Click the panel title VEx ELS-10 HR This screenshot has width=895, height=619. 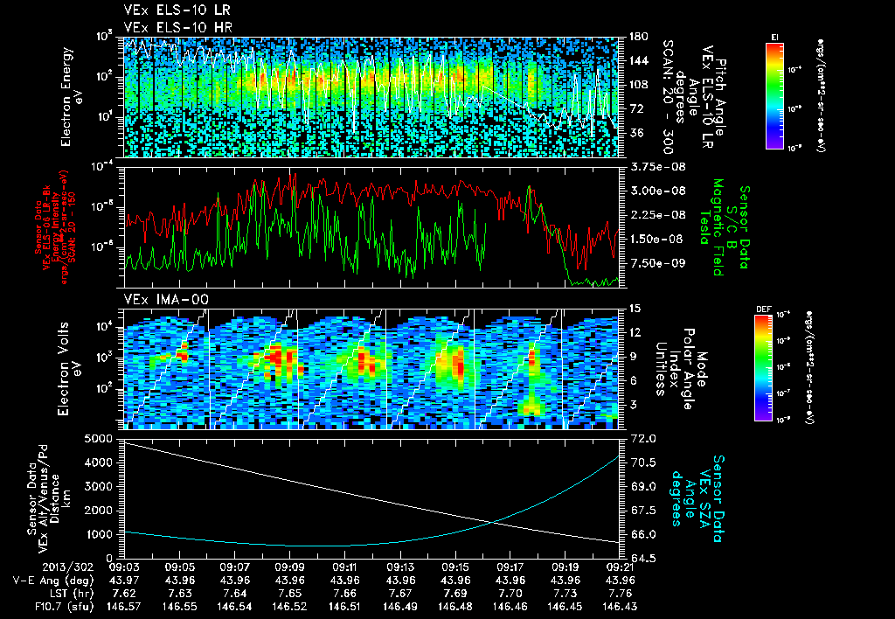(x=166, y=27)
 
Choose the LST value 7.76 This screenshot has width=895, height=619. (x=621, y=592)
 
